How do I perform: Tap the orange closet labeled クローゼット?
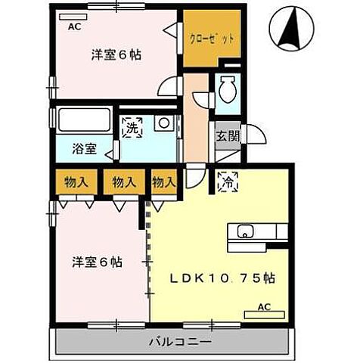coord(210,37)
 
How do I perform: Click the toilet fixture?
coord(227,96)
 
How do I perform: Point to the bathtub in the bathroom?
coord(84,120)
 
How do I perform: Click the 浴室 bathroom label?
coord(83,148)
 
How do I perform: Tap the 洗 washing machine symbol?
coord(132,126)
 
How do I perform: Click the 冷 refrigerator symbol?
coord(225,181)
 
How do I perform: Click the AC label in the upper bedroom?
coord(75,26)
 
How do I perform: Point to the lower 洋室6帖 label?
coord(98,262)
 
